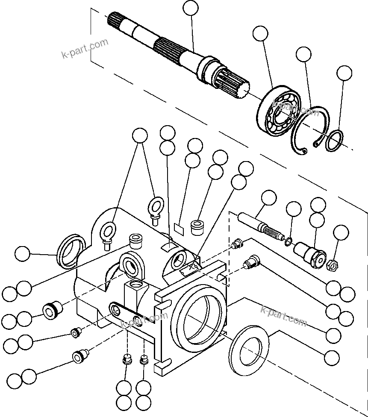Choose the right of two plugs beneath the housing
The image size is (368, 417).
tap(144, 360)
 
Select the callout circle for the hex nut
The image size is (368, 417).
tap(341, 233)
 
